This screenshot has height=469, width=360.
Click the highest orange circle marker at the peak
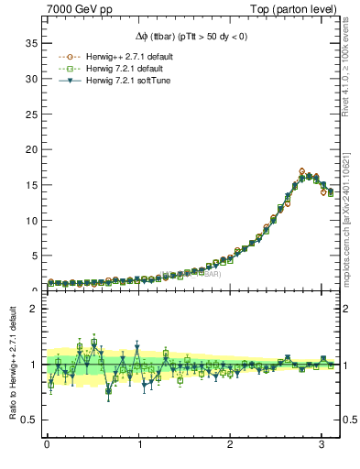302,171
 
